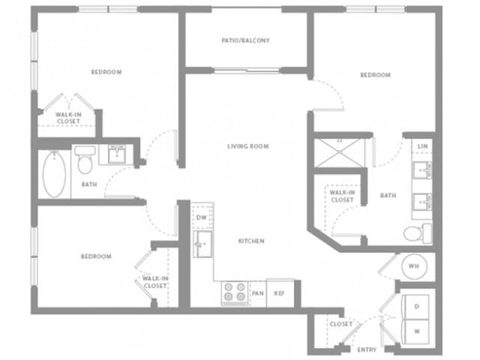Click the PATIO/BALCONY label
[x=245, y=40]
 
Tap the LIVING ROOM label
[x=248, y=146]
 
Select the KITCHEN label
[x=251, y=241]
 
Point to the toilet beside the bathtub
[x=85, y=159]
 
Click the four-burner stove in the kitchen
[x=235, y=293]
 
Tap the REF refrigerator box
[x=280, y=293]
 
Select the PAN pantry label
[x=257, y=293]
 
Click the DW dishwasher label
[x=202, y=217]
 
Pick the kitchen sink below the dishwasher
[x=202, y=244]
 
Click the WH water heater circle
[x=414, y=266]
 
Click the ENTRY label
[x=367, y=349]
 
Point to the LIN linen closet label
[x=423, y=146]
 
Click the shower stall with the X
[x=340, y=153]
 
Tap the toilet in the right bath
[x=418, y=233]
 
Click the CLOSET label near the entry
[x=341, y=324]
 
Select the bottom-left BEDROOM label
[x=96, y=256]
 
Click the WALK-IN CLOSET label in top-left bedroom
[x=68, y=118]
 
